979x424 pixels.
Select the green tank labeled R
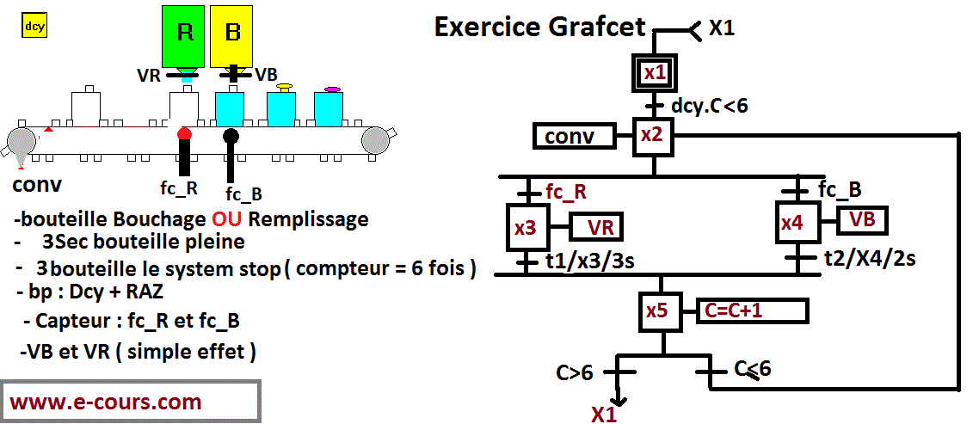point(185,34)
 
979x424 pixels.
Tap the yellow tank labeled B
point(231,34)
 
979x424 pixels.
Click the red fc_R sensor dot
point(184,135)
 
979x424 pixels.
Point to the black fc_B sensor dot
point(231,136)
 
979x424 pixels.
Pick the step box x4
point(794,223)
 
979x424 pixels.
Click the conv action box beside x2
point(575,136)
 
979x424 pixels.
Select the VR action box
point(595,227)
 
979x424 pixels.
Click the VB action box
point(863,219)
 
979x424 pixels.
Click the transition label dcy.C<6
point(709,106)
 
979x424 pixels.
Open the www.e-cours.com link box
point(130,402)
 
